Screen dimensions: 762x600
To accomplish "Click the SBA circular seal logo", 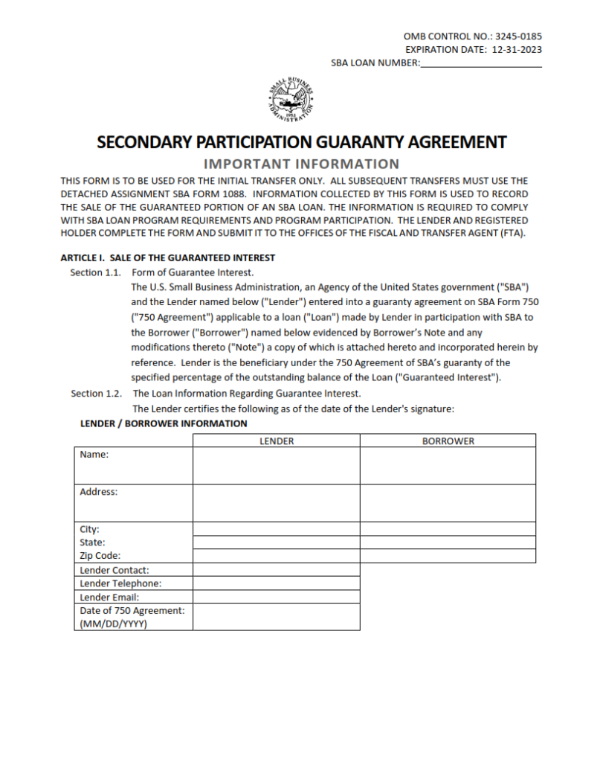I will click(291, 100).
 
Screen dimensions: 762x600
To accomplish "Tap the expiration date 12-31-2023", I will click(517, 50).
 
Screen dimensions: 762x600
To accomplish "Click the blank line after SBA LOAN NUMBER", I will click(480, 64).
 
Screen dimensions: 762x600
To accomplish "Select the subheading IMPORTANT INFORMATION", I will click(301, 164).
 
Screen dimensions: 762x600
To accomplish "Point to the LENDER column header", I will click(277, 441).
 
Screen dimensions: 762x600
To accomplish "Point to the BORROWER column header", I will click(448, 441).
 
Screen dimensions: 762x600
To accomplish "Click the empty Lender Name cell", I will click(277, 466).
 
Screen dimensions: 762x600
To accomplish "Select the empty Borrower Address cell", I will click(448, 503).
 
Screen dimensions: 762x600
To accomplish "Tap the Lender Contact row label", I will click(114, 570).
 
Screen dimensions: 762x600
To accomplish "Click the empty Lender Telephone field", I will click(277, 583).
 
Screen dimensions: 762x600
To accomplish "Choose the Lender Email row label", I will click(109, 597).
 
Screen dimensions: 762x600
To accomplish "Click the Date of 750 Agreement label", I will click(132, 610).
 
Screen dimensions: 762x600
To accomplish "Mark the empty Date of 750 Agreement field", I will click(277, 617).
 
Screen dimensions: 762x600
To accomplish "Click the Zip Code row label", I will click(100, 556).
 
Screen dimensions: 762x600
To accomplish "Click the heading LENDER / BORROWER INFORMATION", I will click(164, 423).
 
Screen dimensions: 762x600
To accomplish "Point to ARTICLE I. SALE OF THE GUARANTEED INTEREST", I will click(167, 258).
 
